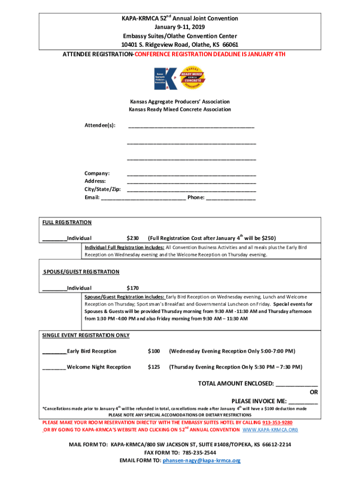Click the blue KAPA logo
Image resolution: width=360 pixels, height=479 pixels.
tap(166, 78)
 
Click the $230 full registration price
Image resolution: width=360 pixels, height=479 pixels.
tap(133, 238)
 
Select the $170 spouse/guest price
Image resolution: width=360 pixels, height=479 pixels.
tap(133, 288)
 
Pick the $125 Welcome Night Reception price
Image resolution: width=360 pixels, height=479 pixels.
tap(154, 367)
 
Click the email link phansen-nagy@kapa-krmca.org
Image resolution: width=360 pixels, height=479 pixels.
tap(202, 461)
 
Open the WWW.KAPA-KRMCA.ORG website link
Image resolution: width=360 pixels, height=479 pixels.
tap(270, 430)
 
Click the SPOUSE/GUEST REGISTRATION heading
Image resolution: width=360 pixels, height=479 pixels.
tap(81, 272)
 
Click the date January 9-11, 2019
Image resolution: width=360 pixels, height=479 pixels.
tap(180, 27)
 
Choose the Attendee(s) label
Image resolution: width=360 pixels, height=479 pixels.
tap(100, 125)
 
